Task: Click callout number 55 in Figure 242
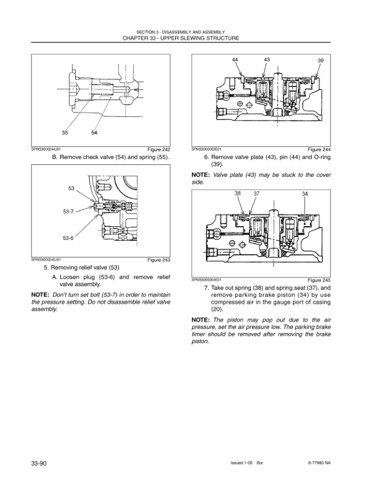coord(66,133)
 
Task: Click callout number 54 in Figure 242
coord(94,133)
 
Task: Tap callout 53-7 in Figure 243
coord(68,212)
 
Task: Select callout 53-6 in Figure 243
coord(68,238)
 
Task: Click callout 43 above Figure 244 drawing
coord(267,59)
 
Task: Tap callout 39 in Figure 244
coord(320,60)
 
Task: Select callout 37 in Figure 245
coord(256,194)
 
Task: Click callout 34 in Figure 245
coord(304,194)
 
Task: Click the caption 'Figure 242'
coord(158,150)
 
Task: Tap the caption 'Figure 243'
coord(158,260)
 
